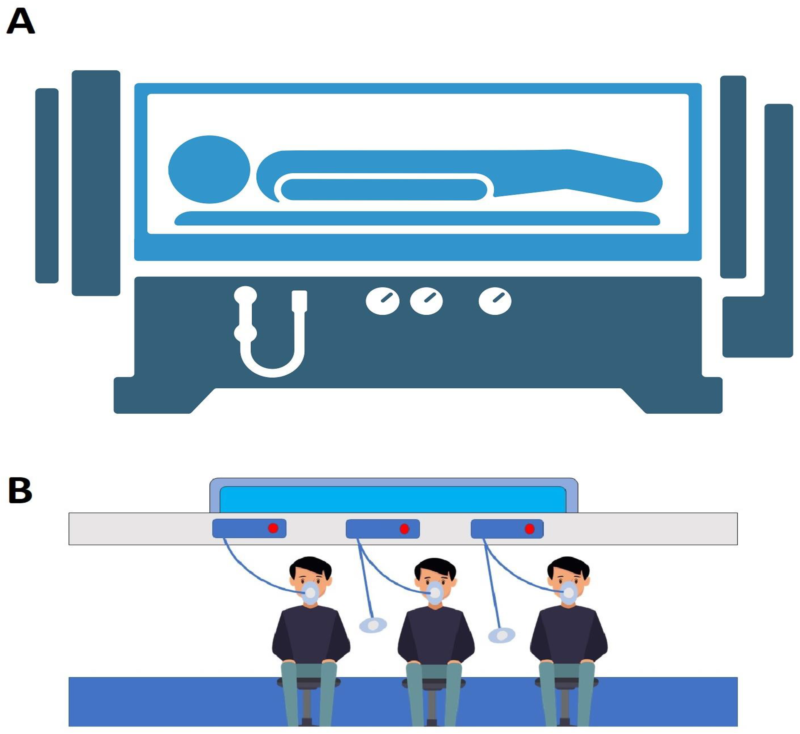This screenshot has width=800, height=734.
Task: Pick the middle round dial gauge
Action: (x=426, y=301)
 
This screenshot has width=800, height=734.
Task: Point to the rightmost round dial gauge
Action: (x=495, y=301)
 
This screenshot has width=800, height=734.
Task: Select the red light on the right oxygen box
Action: (x=530, y=529)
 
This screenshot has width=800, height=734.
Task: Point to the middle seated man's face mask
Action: (x=435, y=593)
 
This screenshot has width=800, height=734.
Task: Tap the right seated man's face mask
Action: (x=569, y=593)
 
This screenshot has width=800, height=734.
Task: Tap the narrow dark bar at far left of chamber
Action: (x=47, y=185)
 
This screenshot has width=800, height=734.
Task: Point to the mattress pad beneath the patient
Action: (x=417, y=219)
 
